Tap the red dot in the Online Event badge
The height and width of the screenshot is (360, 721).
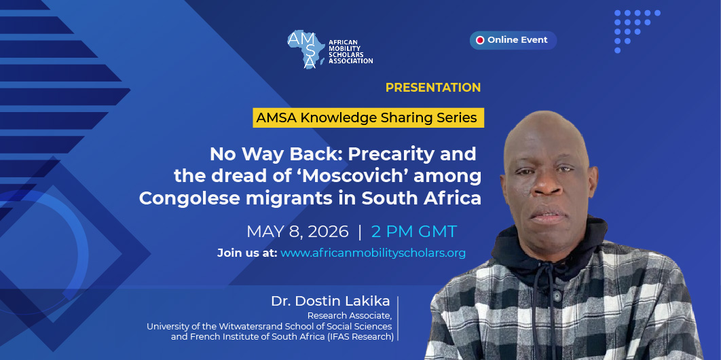click(480, 40)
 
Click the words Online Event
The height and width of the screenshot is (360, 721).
click(517, 40)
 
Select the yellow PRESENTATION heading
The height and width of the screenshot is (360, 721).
click(433, 88)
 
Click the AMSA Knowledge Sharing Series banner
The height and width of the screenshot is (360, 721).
click(367, 118)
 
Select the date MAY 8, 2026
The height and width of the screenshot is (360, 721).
click(297, 232)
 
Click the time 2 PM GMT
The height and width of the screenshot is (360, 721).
click(414, 232)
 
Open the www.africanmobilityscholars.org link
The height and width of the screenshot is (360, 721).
click(373, 253)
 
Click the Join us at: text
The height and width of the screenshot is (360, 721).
click(247, 253)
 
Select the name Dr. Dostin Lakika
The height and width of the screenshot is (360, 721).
click(331, 301)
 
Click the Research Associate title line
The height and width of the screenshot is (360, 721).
click(350, 315)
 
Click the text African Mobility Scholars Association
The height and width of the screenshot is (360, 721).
click(350, 52)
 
